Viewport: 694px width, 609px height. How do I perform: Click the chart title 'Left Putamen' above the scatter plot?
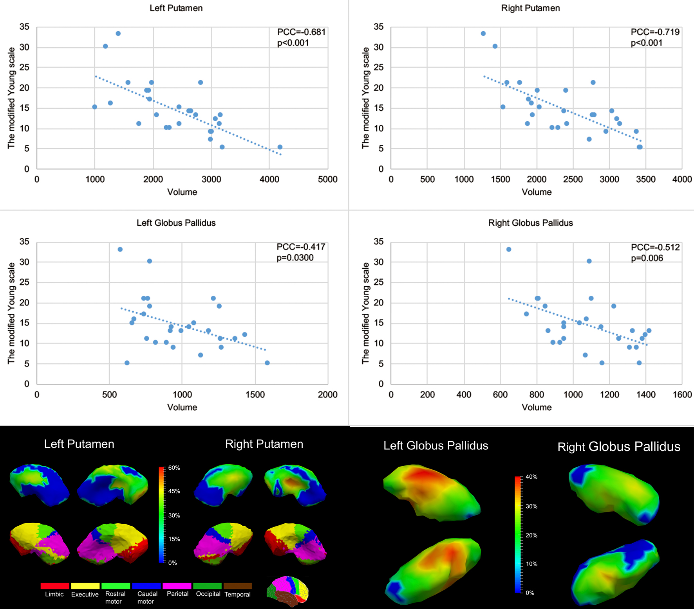tap(176, 8)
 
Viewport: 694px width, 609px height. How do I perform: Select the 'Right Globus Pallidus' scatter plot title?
tap(530, 223)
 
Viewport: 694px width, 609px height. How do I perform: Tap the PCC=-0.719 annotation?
tap(655, 32)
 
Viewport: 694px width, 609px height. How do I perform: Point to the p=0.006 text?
tap(647, 258)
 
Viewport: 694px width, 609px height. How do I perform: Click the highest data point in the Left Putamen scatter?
tap(118, 34)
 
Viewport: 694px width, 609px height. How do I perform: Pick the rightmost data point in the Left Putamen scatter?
tap(280, 147)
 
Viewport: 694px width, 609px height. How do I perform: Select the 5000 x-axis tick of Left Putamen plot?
tap(327, 180)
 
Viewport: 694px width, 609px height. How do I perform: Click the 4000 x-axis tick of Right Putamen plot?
tap(682, 180)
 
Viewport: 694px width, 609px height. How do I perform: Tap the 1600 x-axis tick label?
tap(682, 395)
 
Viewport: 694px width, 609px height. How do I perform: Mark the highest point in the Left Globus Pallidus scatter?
tap(120, 249)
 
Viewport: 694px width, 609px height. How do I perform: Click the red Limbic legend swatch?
tap(55, 586)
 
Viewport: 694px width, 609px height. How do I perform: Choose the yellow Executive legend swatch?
tap(85, 586)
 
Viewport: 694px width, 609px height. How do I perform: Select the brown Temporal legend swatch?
tap(237, 586)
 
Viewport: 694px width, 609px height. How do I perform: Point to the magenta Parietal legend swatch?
tap(177, 586)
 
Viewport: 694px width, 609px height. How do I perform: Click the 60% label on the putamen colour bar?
tap(174, 468)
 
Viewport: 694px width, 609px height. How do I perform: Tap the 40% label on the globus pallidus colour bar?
tap(531, 477)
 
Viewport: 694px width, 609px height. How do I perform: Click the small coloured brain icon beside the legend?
tap(287, 591)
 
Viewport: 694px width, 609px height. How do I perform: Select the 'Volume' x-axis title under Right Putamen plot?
tap(536, 192)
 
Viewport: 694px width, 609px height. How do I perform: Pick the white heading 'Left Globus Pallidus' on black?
tap(436, 446)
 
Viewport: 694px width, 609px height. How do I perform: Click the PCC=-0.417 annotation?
tap(301, 247)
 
